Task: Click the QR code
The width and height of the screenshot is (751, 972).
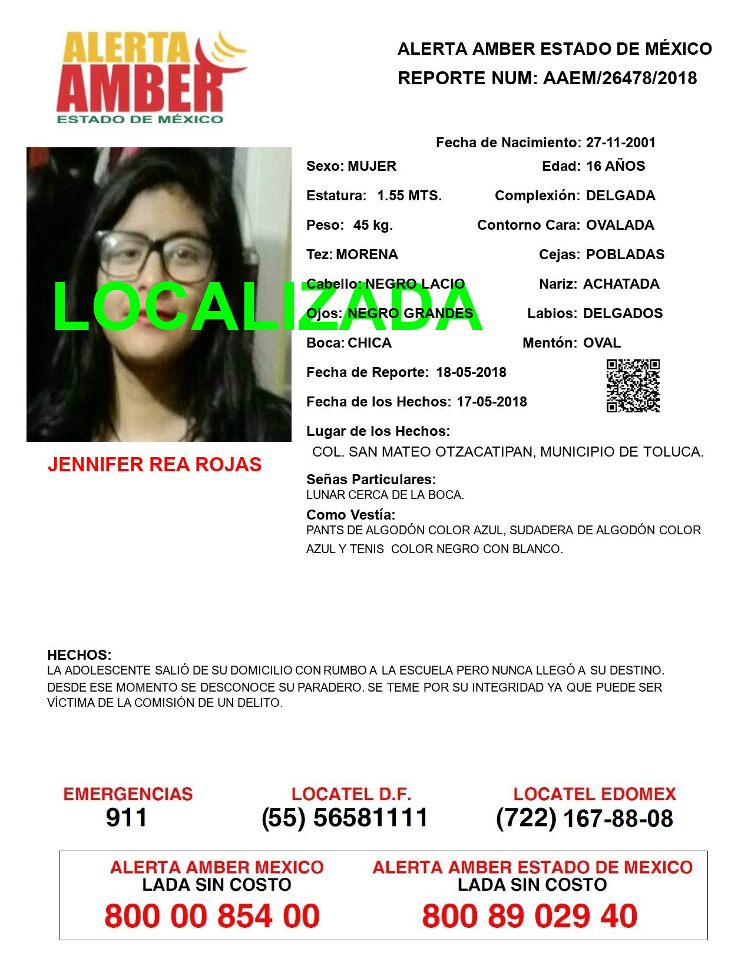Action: pyautogui.click(x=633, y=386)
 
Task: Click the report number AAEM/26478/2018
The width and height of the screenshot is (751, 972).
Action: pyautogui.click(x=620, y=78)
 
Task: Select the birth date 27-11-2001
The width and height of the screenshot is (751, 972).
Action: pyautogui.click(x=621, y=143)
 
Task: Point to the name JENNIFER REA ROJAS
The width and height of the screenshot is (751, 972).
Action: pyautogui.click(x=154, y=465)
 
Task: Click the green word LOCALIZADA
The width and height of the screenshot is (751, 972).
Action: pyautogui.click(x=268, y=306)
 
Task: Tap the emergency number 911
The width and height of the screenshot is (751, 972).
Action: pyautogui.click(x=127, y=818)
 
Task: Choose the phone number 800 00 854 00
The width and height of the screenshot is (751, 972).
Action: pyautogui.click(x=212, y=916)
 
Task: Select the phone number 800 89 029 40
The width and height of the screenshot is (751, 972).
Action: pyautogui.click(x=530, y=916)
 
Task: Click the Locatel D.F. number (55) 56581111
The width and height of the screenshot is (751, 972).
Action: pyautogui.click(x=345, y=818)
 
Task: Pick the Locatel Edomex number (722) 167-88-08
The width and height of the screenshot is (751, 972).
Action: pyautogui.click(x=585, y=818)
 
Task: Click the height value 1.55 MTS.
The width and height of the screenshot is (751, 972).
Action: pyautogui.click(x=409, y=196)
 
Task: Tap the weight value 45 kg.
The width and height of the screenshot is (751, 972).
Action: pyautogui.click(x=373, y=225)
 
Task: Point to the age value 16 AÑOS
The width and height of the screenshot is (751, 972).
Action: pyautogui.click(x=616, y=166)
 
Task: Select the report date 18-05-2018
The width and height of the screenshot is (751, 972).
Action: pyautogui.click(x=471, y=372)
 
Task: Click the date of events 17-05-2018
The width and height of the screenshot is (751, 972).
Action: pyautogui.click(x=492, y=402)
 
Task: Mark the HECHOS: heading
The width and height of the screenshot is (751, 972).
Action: pyautogui.click(x=80, y=655)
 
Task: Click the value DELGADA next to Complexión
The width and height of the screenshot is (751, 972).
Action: pyautogui.click(x=620, y=196)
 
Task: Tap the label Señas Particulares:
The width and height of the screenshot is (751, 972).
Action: pyautogui.click(x=371, y=480)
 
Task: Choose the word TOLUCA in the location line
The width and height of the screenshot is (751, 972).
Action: pyautogui.click(x=675, y=452)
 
